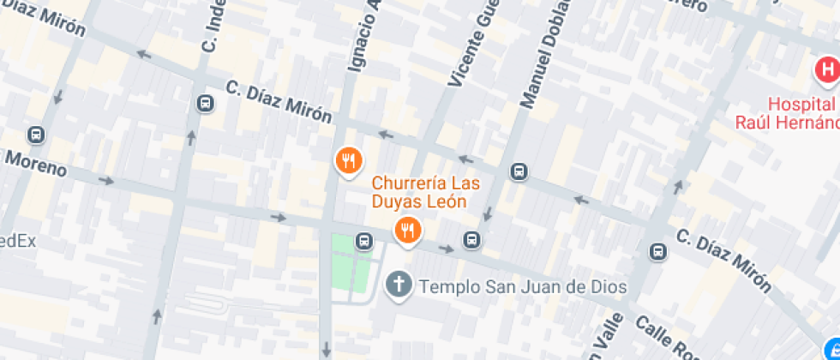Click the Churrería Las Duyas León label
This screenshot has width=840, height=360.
(425, 193)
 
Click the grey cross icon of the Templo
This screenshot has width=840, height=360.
(399, 285)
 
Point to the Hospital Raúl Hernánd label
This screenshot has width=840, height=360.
(787, 112)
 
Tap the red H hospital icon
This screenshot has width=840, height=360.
(827, 70)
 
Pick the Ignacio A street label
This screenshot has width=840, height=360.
(362, 35)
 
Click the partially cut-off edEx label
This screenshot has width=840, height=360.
(17, 241)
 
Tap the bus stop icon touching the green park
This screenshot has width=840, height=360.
(364, 240)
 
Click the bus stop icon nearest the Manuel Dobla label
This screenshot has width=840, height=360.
(519, 171)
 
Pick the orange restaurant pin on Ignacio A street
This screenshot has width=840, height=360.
(348, 161)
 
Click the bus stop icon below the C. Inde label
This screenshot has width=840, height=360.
(205, 104)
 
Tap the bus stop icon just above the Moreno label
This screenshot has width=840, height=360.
(36, 135)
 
